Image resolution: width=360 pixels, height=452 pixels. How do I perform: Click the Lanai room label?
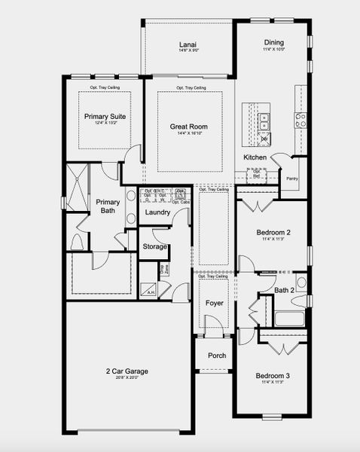[x=188, y=45]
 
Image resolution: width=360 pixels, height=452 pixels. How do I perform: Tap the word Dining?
[x=273, y=43]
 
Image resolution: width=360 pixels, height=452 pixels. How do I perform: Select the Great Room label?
[x=188, y=127]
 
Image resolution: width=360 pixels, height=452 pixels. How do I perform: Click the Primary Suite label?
[x=105, y=117]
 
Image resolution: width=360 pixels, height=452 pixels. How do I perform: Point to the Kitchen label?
[x=255, y=157]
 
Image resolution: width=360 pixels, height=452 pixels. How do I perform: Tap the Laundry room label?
[x=157, y=212]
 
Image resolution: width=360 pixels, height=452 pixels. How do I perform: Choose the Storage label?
[x=155, y=246]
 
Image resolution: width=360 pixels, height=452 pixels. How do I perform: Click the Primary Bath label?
[x=108, y=206]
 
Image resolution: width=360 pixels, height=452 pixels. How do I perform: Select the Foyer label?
[x=215, y=303]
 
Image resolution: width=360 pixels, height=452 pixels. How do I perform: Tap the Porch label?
[x=217, y=356]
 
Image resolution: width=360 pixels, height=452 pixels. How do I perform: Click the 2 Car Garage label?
[x=126, y=371]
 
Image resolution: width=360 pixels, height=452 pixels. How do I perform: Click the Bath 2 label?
[x=284, y=290]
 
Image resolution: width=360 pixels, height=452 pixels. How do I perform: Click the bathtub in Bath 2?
[x=289, y=319]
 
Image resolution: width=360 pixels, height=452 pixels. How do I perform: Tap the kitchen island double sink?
[x=264, y=119]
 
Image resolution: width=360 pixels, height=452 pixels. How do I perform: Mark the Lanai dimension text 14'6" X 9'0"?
[x=188, y=52]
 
